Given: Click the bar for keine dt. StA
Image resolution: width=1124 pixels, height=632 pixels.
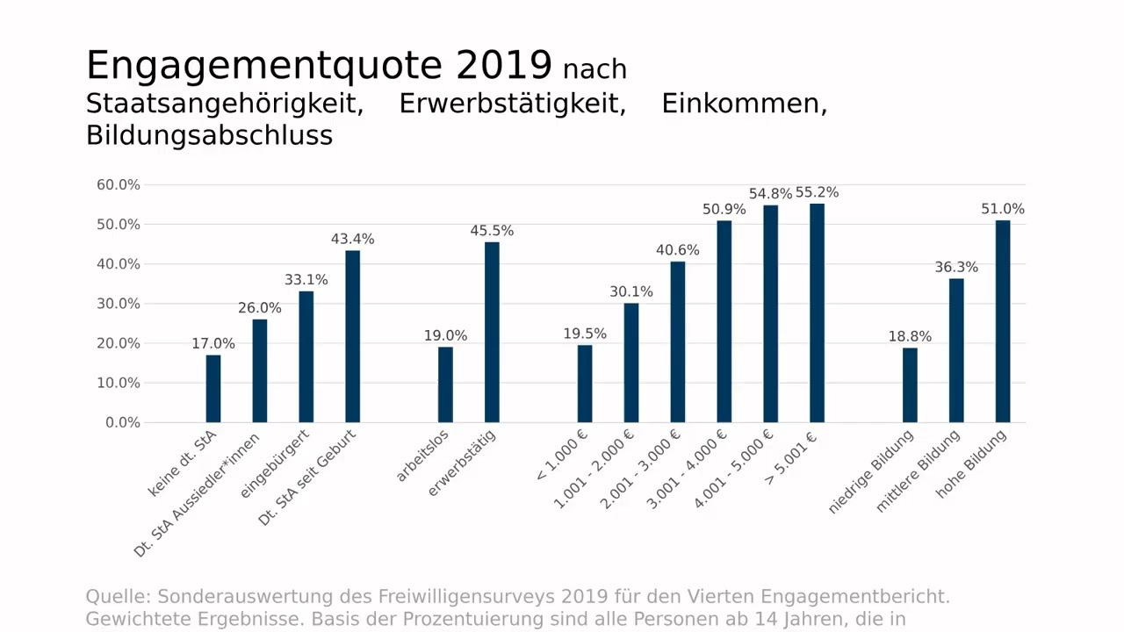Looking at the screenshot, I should (213, 389).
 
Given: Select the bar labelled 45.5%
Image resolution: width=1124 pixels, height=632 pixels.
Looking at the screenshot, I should (492, 333).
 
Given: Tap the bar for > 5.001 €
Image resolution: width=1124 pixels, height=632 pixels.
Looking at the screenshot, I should (817, 313).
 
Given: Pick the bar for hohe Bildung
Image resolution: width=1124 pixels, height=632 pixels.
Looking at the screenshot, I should (1003, 321).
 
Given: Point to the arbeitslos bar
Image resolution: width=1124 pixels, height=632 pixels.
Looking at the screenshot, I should (445, 384).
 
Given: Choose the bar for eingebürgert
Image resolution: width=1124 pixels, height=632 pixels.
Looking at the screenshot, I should (306, 357).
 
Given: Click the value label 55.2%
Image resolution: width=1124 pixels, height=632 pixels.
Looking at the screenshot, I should (817, 192).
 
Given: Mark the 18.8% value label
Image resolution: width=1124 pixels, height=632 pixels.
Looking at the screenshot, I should (910, 336).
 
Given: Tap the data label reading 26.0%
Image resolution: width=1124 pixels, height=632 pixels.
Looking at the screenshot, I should (260, 308).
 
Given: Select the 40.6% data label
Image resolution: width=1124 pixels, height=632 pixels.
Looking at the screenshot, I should (678, 250).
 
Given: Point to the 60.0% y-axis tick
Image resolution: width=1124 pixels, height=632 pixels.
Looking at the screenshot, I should (119, 185).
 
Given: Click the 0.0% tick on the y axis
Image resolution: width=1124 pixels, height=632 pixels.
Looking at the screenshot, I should (123, 422).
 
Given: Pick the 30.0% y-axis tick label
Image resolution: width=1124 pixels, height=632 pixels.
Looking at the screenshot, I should (119, 304).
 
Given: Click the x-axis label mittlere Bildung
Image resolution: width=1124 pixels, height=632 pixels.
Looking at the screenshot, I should (919, 470).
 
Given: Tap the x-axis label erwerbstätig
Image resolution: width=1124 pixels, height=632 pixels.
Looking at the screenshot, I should (462, 463).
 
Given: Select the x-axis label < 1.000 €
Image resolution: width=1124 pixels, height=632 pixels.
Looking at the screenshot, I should (562, 456).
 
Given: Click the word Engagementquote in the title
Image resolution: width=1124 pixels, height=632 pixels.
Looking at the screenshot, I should (264, 66).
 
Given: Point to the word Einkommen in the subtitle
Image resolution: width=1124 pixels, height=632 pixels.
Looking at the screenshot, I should (744, 104).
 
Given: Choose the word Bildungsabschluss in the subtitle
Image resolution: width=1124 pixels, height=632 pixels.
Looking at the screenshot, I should (209, 135).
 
